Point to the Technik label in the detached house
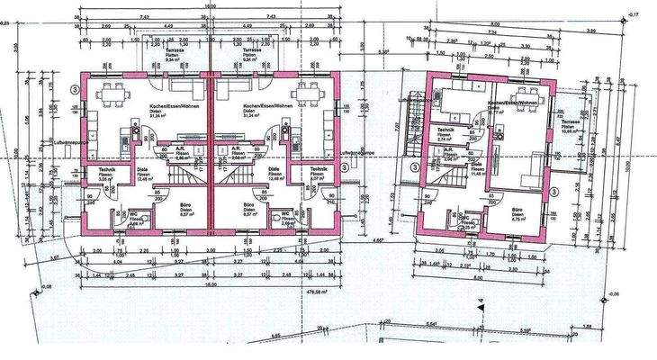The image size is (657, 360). point(443,133)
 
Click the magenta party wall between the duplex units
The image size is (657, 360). point(211,153)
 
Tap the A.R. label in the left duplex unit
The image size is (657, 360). point(180,149)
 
